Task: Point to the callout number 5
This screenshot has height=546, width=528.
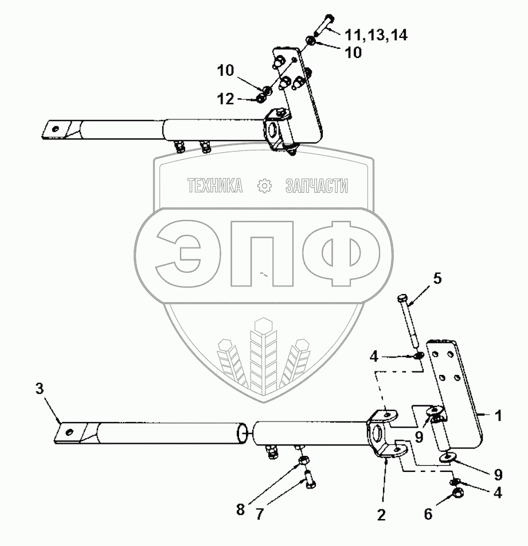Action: click(437, 280)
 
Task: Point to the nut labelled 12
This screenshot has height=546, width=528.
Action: click(260, 99)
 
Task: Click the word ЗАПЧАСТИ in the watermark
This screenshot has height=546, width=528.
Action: click(316, 185)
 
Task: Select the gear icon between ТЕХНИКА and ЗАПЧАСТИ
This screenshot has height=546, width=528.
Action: click(264, 185)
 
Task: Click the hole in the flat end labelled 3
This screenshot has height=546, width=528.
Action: click(70, 432)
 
